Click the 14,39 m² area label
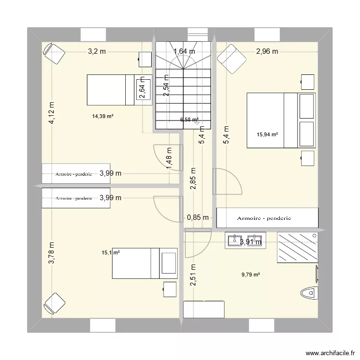[103, 116]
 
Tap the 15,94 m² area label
[268, 134]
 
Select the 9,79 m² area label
[251, 275]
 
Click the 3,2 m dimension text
[96, 52]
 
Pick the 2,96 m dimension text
[267, 52]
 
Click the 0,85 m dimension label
[198, 217]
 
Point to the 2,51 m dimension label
[193, 276]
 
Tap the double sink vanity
[245, 240]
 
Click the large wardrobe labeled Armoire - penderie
[267, 218]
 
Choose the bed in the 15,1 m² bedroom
[144, 263]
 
